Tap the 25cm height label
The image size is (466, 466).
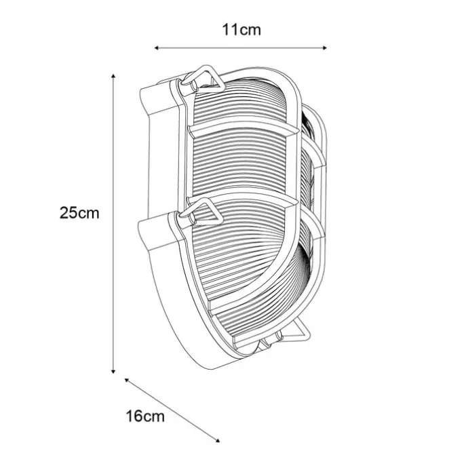[79, 213]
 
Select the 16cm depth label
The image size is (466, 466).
[145, 416]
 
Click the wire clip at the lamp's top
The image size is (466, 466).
[201, 79]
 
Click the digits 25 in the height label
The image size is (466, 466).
[70, 213]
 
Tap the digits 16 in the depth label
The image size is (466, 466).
[136, 416]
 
